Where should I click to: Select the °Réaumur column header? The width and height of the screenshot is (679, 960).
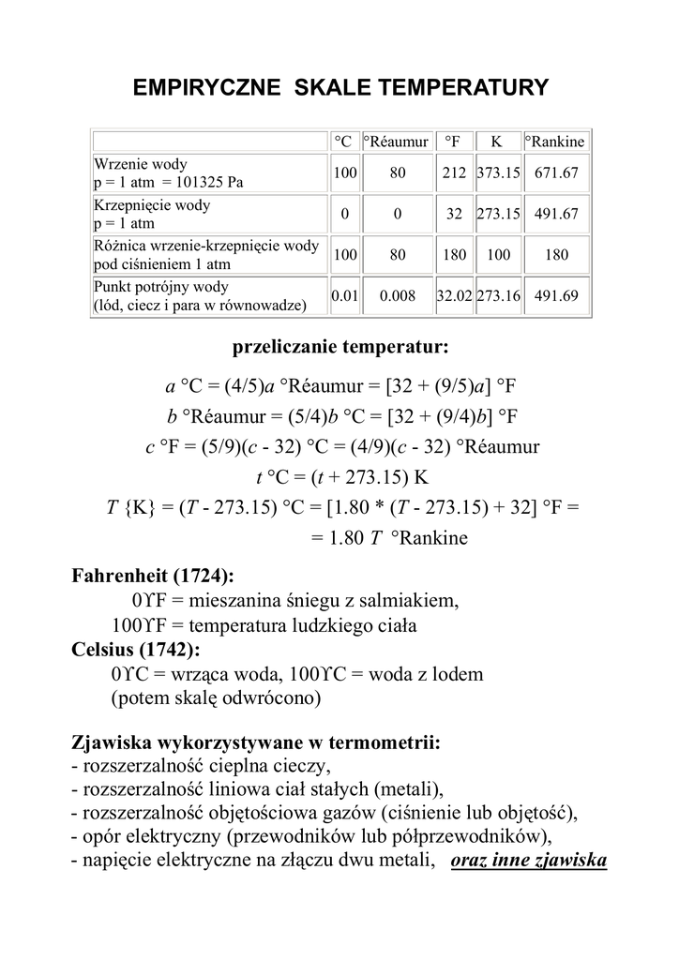pos(396,142)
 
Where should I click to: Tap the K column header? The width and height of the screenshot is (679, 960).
pos(497,142)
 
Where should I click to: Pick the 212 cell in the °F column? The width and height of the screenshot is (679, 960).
pos(454,173)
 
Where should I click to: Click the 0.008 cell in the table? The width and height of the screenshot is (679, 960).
pos(397,295)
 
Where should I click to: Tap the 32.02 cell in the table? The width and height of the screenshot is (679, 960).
pos(454,295)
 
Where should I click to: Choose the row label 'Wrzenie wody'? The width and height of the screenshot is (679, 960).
pos(142,164)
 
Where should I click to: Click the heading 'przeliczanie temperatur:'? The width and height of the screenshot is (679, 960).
pos(340,349)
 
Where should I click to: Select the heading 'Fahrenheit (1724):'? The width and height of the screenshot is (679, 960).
pos(153,575)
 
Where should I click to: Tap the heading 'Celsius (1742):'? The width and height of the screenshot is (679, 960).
pos(135,649)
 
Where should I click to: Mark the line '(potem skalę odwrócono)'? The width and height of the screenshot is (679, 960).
pos(216,698)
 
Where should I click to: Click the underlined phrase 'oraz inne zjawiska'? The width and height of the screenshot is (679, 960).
pos(529,860)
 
